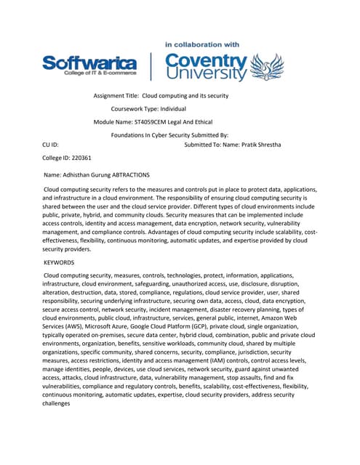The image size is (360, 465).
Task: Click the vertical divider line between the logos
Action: [151, 67]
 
